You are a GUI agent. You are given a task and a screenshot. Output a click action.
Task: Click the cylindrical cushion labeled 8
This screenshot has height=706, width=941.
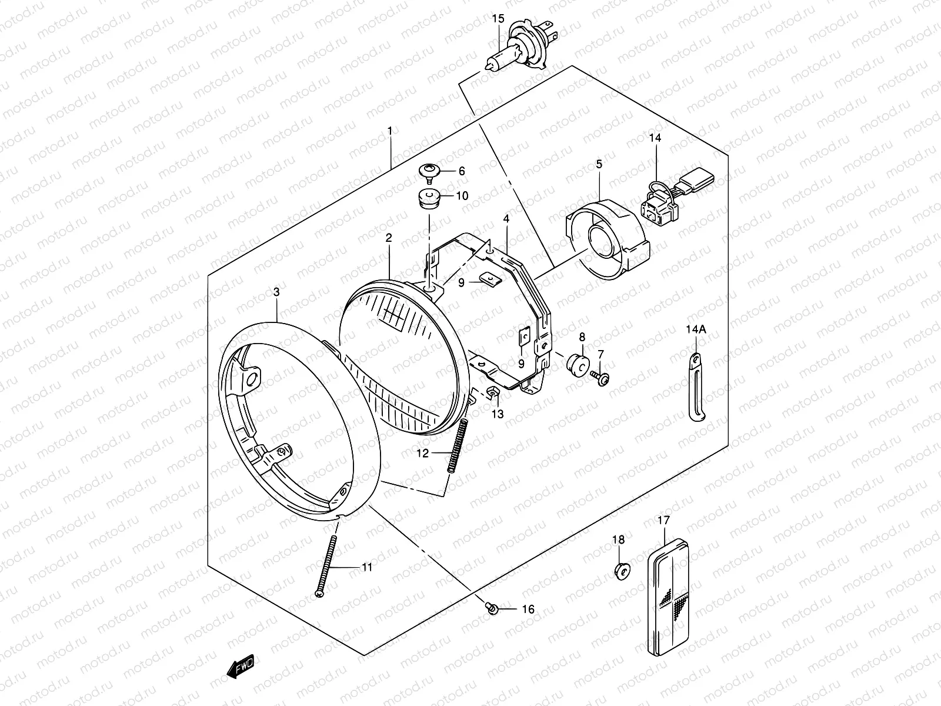click(x=577, y=364)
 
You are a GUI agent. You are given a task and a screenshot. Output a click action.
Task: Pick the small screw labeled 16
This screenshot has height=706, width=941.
click(x=491, y=608)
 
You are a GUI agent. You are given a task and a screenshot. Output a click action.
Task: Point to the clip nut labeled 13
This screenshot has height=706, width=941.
click(x=493, y=394)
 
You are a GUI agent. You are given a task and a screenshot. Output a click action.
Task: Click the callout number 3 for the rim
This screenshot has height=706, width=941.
click(x=276, y=292)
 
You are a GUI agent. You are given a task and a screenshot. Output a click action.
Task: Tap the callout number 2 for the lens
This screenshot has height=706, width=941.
click(x=389, y=238)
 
